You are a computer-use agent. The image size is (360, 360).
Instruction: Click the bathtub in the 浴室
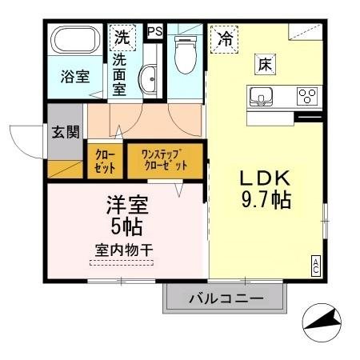pyautogui.click(x=75, y=40)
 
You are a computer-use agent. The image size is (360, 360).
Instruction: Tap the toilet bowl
pyautogui.click(x=186, y=55)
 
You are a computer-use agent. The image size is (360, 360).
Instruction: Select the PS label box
pyautogui.click(x=155, y=31)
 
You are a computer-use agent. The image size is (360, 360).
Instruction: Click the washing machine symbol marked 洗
pyautogui.click(x=122, y=38)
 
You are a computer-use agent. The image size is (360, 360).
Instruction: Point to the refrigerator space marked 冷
pyautogui.click(x=224, y=39)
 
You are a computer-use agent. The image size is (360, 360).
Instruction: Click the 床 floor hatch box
pyautogui.click(x=265, y=64)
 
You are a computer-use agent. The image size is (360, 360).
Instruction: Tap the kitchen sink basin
pyautogui.click(x=261, y=97)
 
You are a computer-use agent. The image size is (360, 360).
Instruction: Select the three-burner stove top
pyautogui.click(x=307, y=96)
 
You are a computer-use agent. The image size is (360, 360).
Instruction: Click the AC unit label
pyautogui.click(x=315, y=266)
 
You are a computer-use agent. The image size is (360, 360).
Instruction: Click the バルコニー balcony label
pyautogui.click(x=226, y=298)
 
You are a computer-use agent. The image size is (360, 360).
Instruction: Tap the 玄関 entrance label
pyautogui.click(x=66, y=132)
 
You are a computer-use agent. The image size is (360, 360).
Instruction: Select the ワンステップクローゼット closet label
pyautogui.click(x=165, y=160)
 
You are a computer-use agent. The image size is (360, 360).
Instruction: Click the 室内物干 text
pyautogui.click(x=124, y=250)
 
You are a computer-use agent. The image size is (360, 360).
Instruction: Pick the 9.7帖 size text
pyautogui.click(x=266, y=200)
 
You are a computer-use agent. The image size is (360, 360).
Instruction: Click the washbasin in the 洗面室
pyautogui.click(x=147, y=78)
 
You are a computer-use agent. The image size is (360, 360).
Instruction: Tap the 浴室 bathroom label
pyautogui.click(x=75, y=77)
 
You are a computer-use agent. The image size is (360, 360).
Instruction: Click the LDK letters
pyautogui.click(x=265, y=178)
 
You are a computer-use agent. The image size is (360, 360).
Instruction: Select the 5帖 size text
pyautogui.click(x=126, y=227)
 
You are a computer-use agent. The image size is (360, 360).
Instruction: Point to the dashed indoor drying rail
pyautogui.click(x=122, y=262)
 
